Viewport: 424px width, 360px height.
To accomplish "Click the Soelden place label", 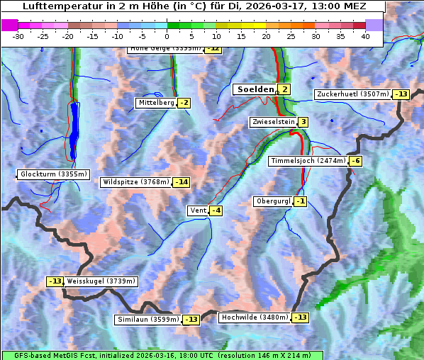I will click(x=254, y=89).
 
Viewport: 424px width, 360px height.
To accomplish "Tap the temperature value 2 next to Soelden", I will click(x=284, y=89).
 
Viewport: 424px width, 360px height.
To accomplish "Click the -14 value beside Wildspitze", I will click(x=182, y=182).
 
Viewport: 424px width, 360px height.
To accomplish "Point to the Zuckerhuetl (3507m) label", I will click(x=353, y=94).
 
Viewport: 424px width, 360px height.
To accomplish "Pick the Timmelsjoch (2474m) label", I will click(x=308, y=161).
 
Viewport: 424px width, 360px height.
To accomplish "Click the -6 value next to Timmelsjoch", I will click(x=355, y=161).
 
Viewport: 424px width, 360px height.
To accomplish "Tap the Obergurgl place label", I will click(x=273, y=201).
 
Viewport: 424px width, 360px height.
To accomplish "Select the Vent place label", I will click(x=197, y=210).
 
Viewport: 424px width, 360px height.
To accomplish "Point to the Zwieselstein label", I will click(x=273, y=122).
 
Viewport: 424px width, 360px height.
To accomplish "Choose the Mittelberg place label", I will click(x=156, y=103).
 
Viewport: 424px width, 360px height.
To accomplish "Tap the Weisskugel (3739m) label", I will click(x=101, y=281).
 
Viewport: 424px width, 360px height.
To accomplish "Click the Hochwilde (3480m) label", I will click(x=255, y=317).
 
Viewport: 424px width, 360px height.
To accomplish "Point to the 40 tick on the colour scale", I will click(x=365, y=36).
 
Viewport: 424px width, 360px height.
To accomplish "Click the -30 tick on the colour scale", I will click(x=18, y=36).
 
